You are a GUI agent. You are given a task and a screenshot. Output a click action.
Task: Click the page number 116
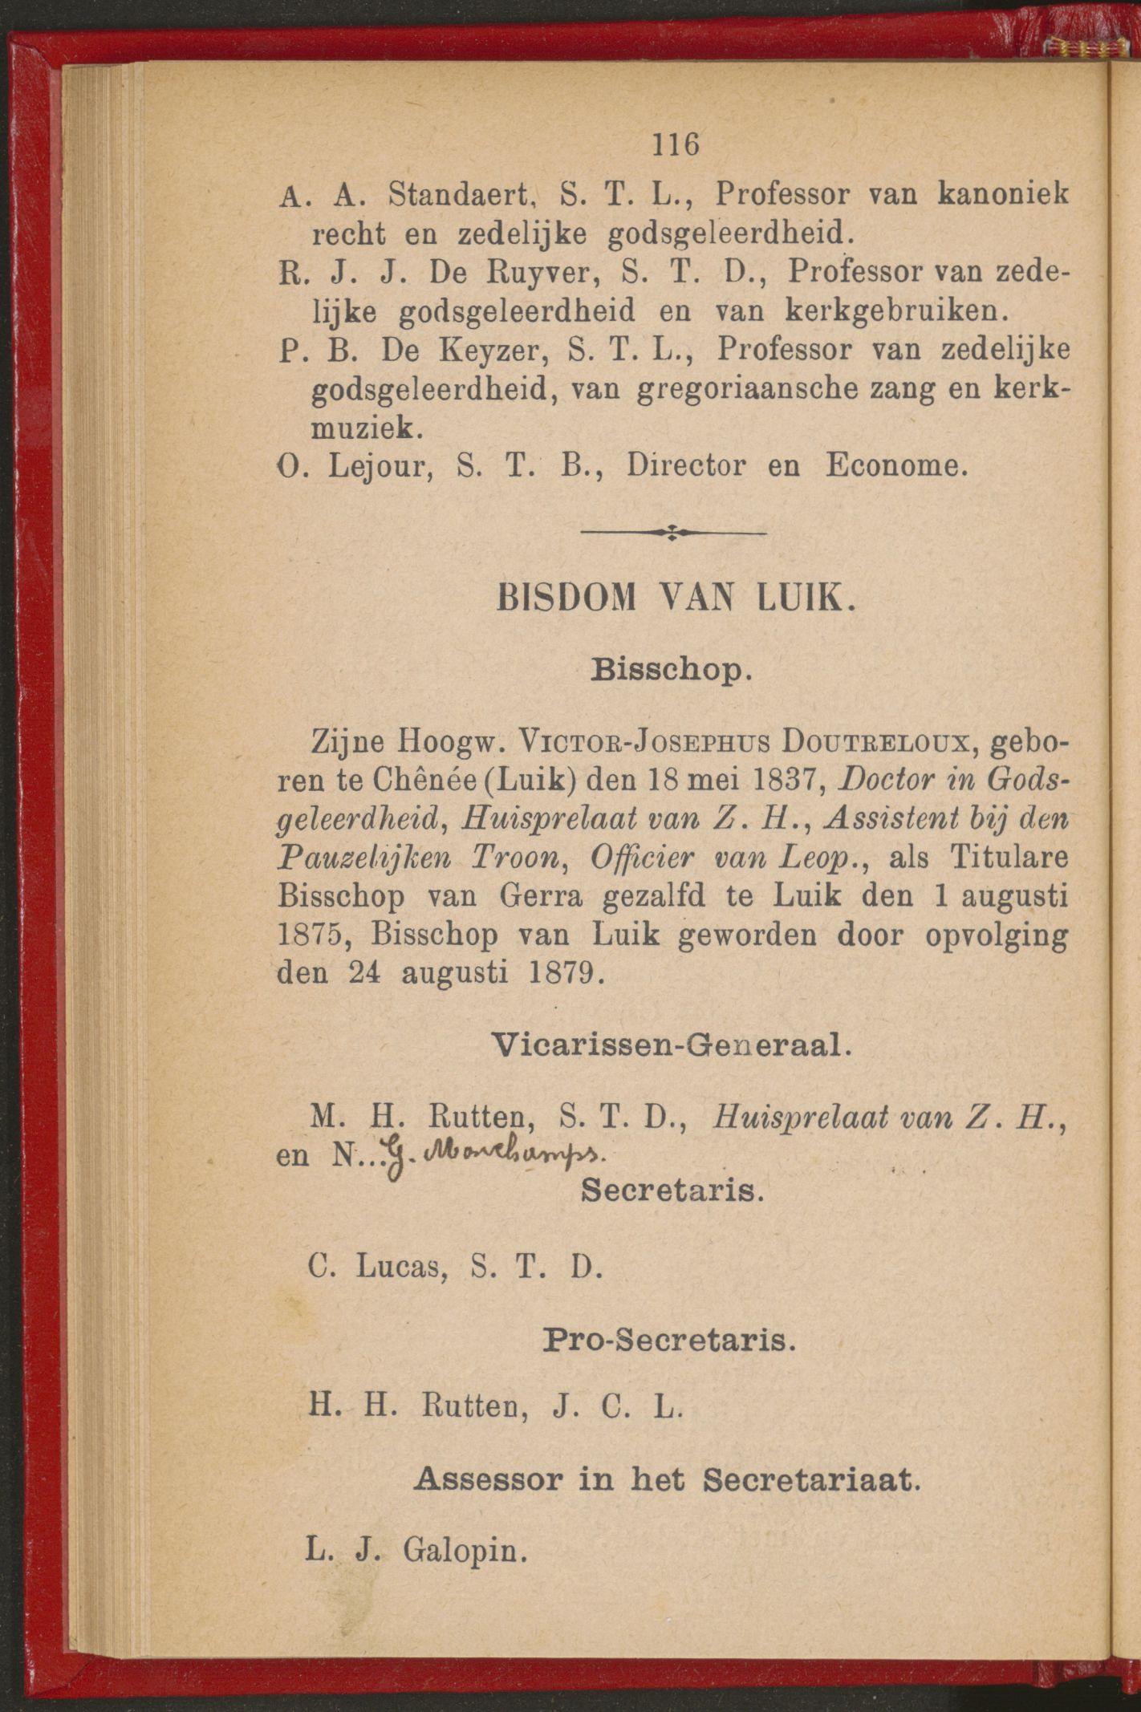676,144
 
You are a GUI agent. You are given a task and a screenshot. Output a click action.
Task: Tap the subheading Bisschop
671,667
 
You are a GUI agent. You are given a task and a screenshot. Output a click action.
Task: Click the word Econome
892,466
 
